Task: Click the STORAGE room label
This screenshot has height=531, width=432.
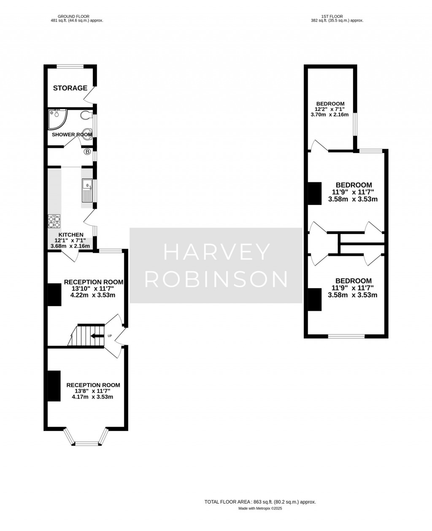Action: coord(70,88)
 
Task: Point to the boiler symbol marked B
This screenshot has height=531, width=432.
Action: coord(87,151)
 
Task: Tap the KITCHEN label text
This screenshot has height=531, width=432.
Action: coord(70,235)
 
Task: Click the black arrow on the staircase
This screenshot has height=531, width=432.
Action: coord(97,336)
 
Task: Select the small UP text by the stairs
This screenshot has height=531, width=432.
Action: coord(110,336)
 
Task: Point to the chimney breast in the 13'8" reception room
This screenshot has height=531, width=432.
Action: coord(54,386)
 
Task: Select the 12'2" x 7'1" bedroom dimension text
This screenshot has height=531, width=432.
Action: coord(330,109)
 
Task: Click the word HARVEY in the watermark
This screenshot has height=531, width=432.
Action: coord(216,253)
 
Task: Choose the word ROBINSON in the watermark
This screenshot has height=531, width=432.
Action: coord(216,279)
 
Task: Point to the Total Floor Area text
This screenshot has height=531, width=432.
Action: coord(260,502)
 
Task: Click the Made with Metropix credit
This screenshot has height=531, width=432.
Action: coord(260,509)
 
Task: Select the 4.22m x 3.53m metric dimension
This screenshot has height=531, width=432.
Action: coord(93,295)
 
